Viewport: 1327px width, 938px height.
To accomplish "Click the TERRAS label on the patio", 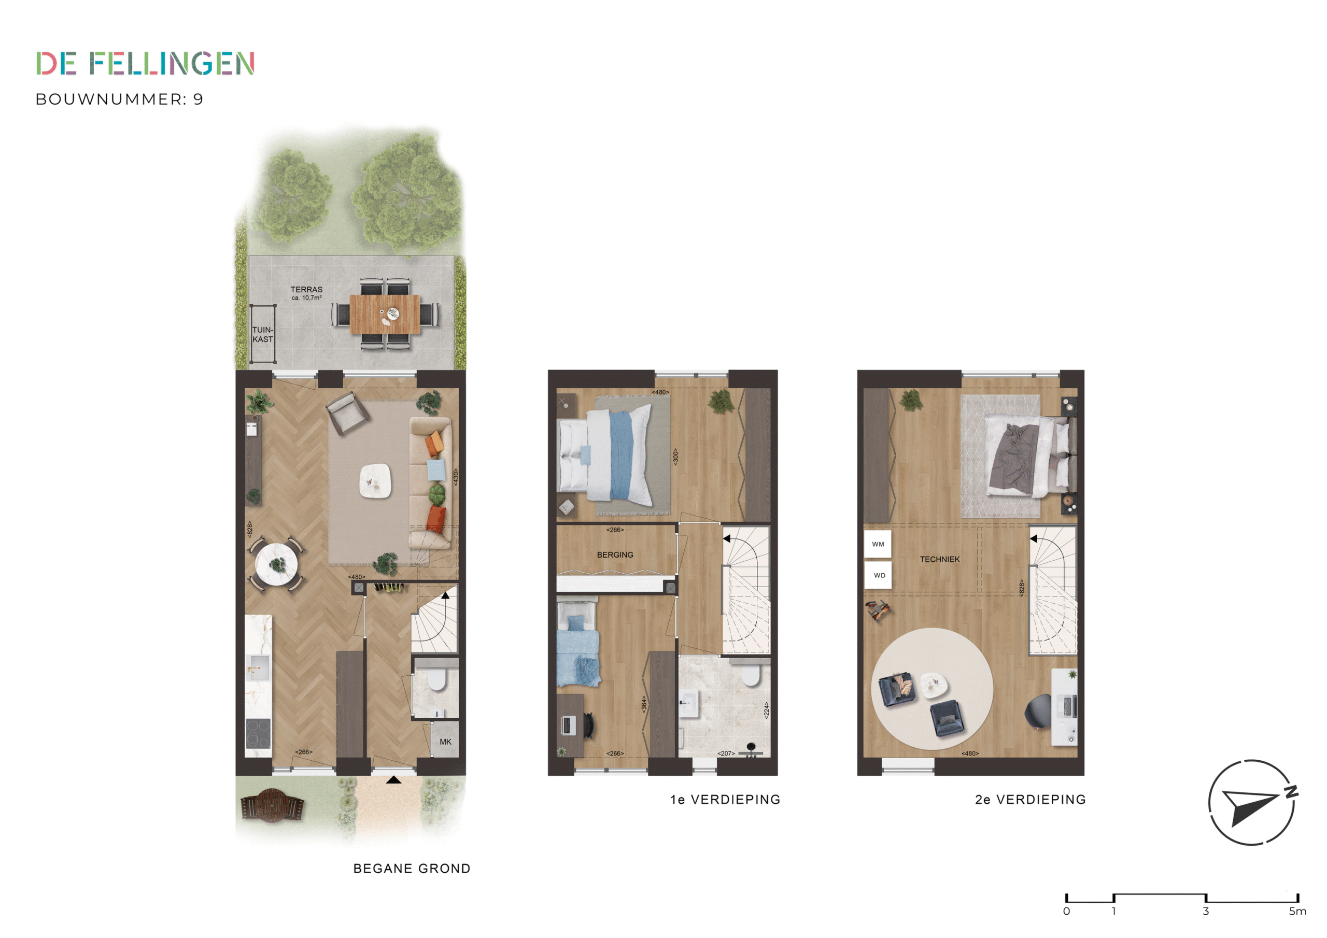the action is pos(306,290).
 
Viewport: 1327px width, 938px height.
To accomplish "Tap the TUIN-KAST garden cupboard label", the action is pos(262,335).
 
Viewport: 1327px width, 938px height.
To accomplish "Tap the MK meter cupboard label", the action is pos(445,742).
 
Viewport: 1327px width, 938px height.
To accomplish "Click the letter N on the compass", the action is pos(1291,792).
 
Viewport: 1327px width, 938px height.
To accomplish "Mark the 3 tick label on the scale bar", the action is pos(1206,912).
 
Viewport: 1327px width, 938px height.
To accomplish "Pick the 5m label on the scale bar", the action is pos(1297,912).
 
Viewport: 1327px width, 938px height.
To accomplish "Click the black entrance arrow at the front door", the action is pos(393,780).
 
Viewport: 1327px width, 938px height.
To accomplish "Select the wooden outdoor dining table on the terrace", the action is pos(385,315).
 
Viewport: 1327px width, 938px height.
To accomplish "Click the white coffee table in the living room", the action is pos(376,481).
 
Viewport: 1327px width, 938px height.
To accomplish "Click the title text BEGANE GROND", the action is pos(412,869).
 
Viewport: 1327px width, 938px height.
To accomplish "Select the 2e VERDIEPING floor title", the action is pos(1030,800).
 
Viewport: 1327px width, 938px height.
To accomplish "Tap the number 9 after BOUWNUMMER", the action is pos(198,100).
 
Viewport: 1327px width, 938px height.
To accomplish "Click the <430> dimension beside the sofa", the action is pos(456,477).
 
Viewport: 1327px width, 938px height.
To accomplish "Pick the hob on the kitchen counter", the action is pos(258,733).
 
